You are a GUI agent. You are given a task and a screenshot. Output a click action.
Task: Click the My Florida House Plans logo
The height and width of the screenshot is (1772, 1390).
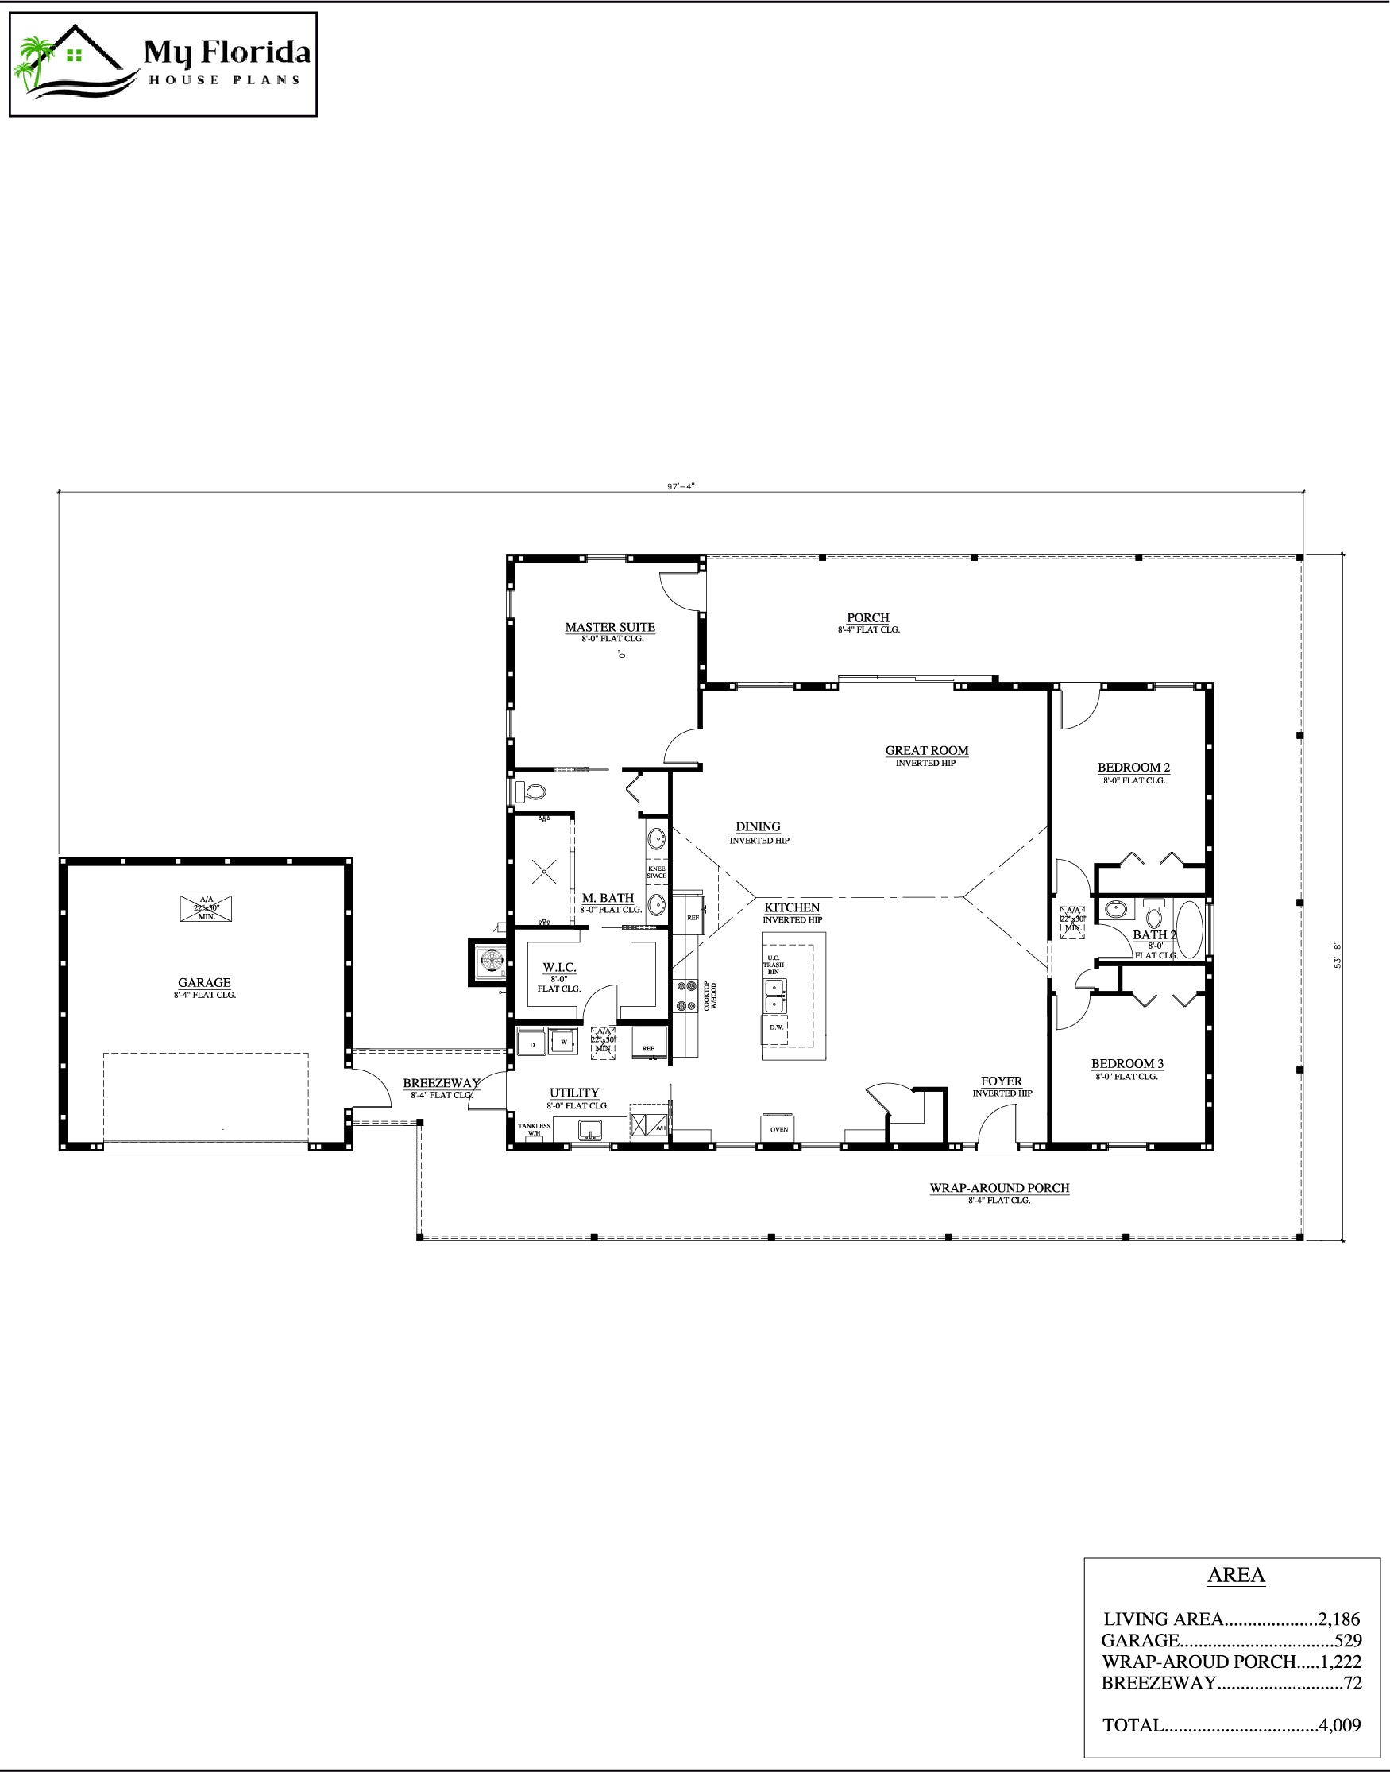tap(163, 65)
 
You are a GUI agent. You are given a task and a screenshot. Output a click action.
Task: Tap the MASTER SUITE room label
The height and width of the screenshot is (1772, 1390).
tap(609, 627)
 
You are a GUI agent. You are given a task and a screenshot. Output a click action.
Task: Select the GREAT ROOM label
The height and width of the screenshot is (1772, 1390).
tap(926, 750)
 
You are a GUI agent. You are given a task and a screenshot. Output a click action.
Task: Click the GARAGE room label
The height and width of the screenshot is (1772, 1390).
tap(204, 982)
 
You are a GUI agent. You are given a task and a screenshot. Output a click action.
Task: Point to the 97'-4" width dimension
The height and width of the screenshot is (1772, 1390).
tap(681, 486)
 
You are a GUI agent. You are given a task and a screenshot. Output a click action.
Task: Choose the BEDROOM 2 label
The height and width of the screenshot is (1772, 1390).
tap(1133, 767)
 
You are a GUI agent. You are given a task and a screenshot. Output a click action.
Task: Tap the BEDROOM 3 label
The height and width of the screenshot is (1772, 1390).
tap(1127, 1063)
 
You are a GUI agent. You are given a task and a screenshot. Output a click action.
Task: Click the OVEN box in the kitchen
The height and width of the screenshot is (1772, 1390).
tap(779, 1129)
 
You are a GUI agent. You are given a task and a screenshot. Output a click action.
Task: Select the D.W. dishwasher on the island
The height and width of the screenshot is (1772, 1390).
tap(775, 1027)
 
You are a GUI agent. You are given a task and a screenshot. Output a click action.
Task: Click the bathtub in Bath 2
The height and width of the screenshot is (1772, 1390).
tap(1189, 929)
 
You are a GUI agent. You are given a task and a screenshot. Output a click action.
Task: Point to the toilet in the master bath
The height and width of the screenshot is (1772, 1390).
tap(534, 791)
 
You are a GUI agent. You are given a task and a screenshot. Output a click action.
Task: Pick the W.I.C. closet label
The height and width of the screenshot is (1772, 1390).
tap(559, 967)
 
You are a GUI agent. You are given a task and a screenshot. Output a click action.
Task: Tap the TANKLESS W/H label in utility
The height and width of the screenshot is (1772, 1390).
tap(534, 1130)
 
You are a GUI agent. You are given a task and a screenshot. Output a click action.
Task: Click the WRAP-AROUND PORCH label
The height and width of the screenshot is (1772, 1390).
tap(999, 1188)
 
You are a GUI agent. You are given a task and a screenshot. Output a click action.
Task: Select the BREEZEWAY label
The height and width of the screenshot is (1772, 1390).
tap(440, 1083)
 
